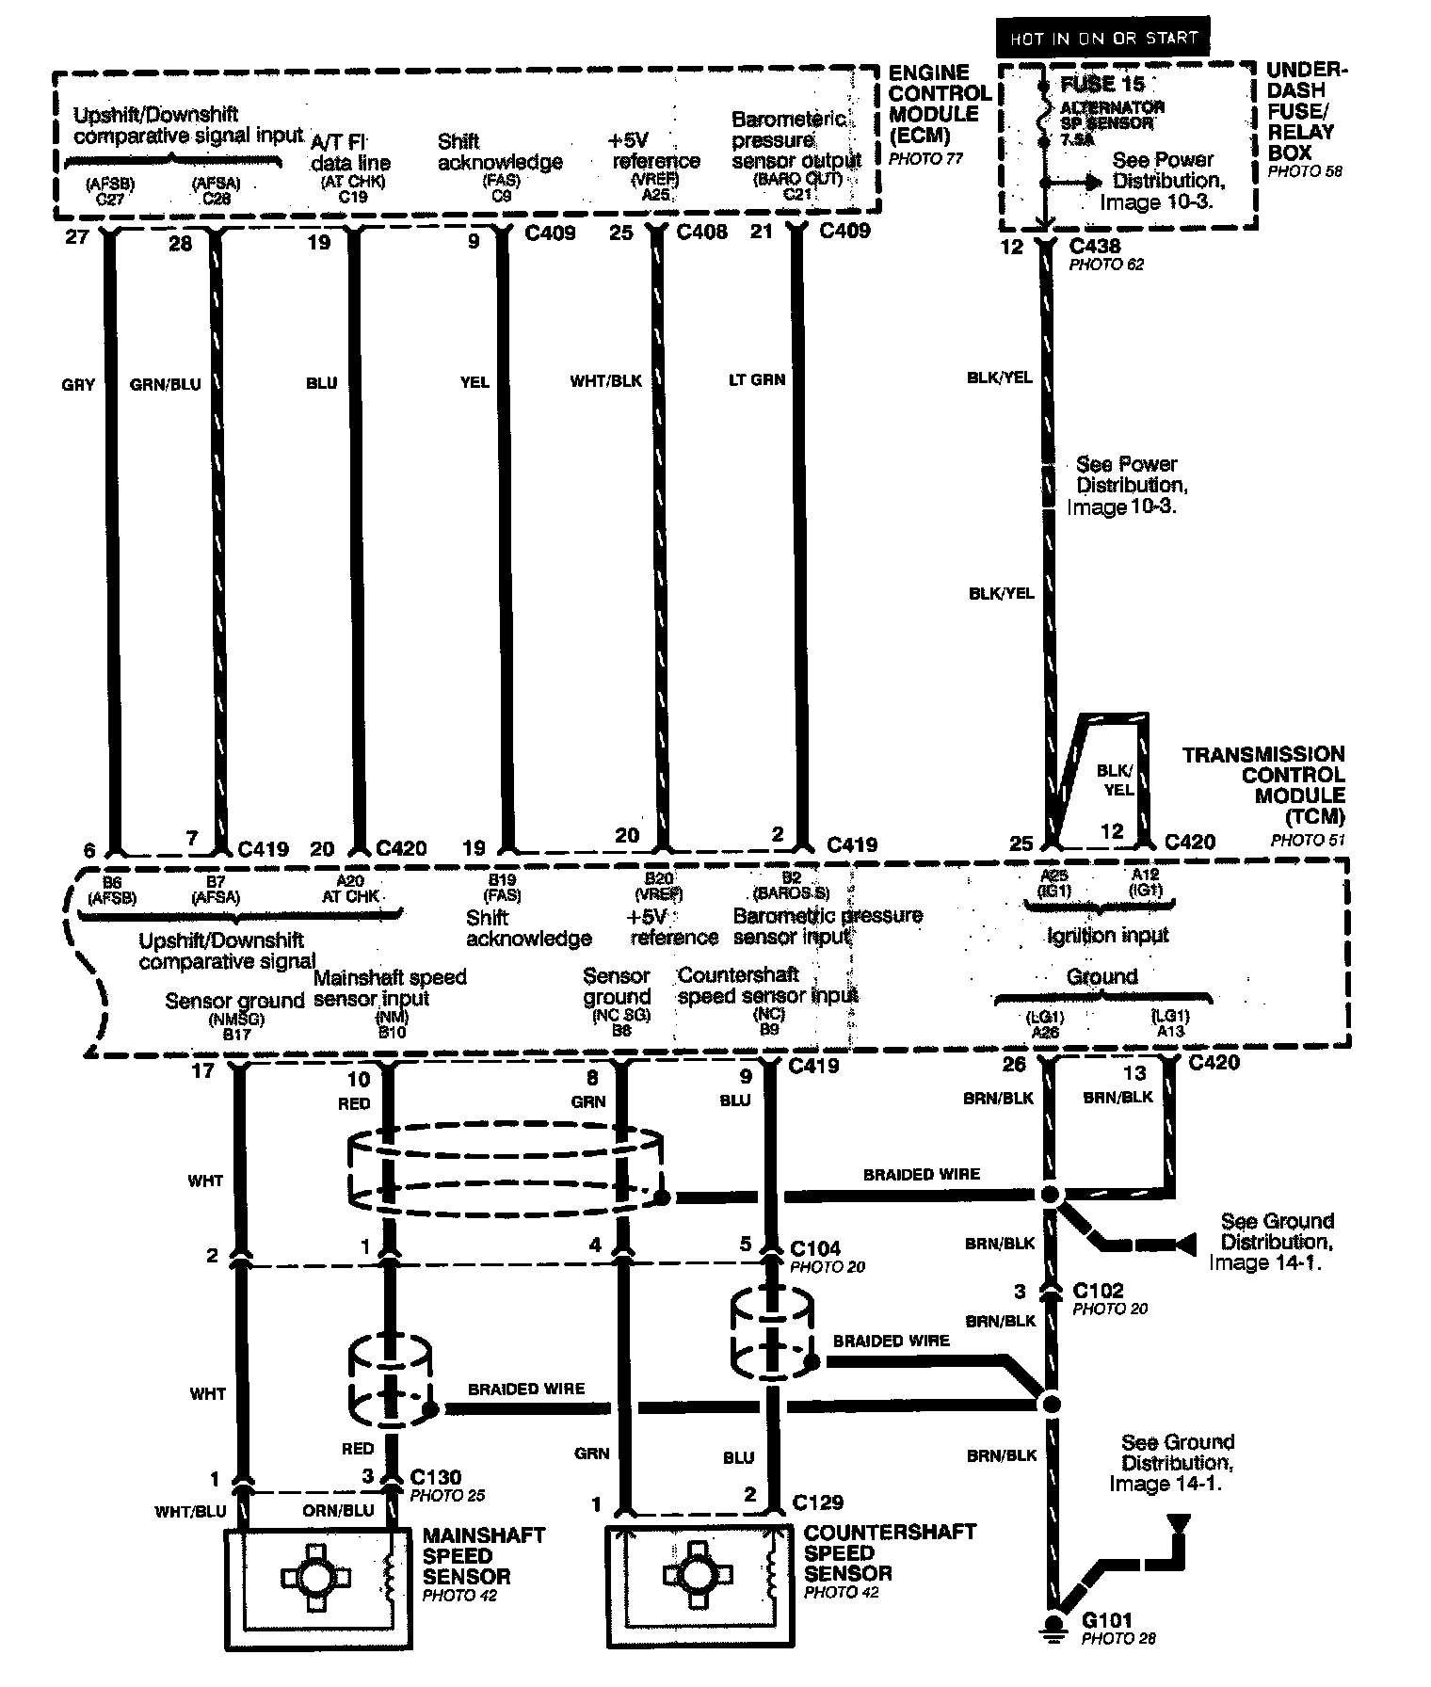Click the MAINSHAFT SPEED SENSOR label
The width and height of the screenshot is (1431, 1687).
tap(483, 1556)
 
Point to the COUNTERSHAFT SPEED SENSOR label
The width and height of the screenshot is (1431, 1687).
tap(890, 1552)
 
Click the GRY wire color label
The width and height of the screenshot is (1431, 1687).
tap(78, 384)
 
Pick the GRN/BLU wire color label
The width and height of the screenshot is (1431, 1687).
tap(165, 384)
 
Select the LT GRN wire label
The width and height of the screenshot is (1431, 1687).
tap(756, 379)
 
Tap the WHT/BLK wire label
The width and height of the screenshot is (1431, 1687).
tap(605, 380)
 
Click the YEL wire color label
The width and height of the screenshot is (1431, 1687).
tap(474, 382)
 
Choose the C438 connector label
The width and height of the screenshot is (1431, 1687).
tap(1096, 247)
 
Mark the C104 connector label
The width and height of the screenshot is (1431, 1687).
tap(815, 1248)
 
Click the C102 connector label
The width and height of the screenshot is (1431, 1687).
tap(1098, 1291)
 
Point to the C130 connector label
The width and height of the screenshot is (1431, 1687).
tap(436, 1477)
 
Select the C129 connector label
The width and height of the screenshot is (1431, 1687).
tap(818, 1502)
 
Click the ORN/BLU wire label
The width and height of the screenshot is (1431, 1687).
tap(338, 1511)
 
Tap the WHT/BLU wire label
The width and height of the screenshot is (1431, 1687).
tap(191, 1511)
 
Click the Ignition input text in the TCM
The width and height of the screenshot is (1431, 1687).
tap(1107, 935)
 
